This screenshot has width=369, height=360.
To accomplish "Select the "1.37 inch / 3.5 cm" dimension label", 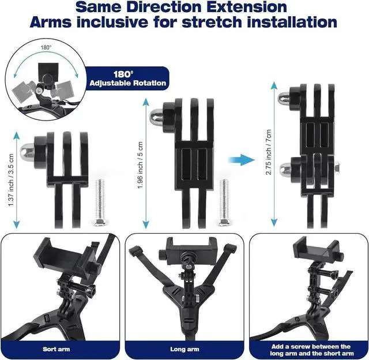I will tap(10, 178).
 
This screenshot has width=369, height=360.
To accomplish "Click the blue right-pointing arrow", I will tap(238, 159).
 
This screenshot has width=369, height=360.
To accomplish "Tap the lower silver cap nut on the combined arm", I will tap(285, 169).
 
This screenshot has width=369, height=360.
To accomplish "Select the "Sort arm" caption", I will tap(57, 349).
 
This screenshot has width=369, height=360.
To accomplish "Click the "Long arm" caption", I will tap(184, 349).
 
